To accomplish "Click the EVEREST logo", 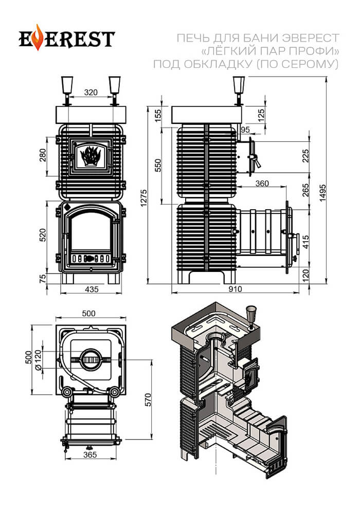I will pyautogui.click(x=67, y=39).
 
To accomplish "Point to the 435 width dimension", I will pyautogui.click(x=91, y=289).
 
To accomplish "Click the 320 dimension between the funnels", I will pyautogui.click(x=91, y=93).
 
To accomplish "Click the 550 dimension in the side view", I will pyautogui.click(x=158, y=165).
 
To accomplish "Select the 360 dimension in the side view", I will pyautogui.click(x=261, y=184).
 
